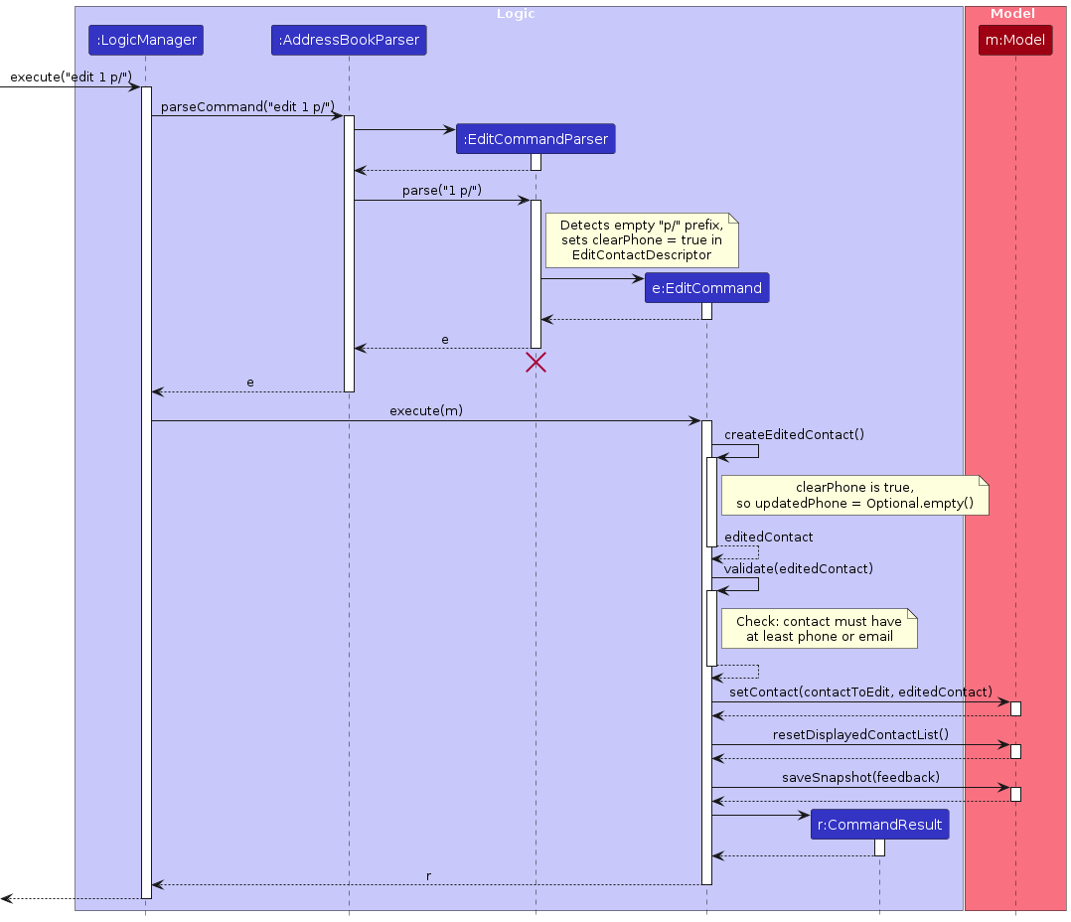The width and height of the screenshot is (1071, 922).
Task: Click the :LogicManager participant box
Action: (x=145, y=41)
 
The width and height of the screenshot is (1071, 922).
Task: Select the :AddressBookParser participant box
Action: (x=349, y=41)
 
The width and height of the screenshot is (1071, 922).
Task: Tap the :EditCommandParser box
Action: (x=535, y=139)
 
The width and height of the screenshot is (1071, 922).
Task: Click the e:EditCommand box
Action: (x=706, y=288)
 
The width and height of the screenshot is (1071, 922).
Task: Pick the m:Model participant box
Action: (x=1014, y=41)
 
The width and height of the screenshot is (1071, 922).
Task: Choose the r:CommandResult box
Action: (x=879, y=825)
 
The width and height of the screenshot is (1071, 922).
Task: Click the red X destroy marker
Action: (x=535, y=363)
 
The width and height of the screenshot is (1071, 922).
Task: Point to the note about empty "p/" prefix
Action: (x=641, y=240)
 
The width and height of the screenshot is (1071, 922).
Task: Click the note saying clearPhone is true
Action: (x=854, y=495)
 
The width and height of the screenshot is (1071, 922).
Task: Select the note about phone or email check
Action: (x=819, y=628)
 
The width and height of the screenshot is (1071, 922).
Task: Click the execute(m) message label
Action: (x=426, y=410)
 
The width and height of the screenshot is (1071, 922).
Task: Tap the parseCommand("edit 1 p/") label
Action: (x=247, y=106)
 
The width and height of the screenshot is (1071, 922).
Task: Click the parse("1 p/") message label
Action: (x=442, y=191)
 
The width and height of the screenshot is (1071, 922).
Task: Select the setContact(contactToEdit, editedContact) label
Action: (x=860, y=691)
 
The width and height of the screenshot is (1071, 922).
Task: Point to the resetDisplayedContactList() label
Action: (x=860, y=734)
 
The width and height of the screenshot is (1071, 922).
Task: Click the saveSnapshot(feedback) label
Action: (x=860, y=777)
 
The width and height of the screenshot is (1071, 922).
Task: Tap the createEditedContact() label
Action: (x=794, y=434)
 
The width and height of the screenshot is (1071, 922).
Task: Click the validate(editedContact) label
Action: (x=798, y=568)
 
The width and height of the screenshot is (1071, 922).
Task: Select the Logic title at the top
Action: (x=516, y=14)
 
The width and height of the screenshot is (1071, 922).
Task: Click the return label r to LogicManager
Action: (x=428, y=876)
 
